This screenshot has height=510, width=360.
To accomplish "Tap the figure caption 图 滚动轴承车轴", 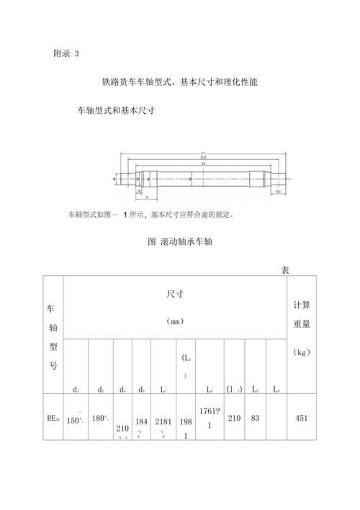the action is click(x=179, y=242).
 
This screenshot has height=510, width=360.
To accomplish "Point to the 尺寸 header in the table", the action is click(x=175, y=294).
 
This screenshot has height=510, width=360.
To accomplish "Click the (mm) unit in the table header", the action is click(x=175, y=321).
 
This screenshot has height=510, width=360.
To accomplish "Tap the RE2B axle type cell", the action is click(x=53, y=417).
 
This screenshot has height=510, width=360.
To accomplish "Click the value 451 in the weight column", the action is click(x=302, y=417).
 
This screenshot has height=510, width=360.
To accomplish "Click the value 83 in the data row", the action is click(x=255, y=417).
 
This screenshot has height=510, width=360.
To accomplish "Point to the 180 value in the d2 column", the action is click(x=100, y=417).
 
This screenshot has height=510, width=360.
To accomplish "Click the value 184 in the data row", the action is click(x=142, y=421).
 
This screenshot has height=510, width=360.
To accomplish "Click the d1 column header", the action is click(x=76, y=389).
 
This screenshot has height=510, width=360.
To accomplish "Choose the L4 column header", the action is click(x=276, y=389).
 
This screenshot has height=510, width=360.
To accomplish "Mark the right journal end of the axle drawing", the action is click(x=281, y=177).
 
